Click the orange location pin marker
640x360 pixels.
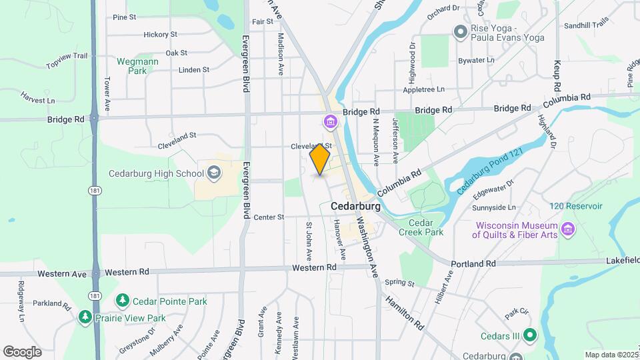tap(320, 159)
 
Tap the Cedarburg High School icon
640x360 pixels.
tap(214, 174)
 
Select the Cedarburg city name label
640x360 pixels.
tap(355, 207)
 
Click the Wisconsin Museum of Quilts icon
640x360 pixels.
tap(568, 229)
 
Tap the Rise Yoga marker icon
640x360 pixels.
tap(459, 31)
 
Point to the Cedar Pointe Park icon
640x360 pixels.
tap(122, 301)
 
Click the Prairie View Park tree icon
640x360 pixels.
tap(85, 318)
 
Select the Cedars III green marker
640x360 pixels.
tap(529, 335)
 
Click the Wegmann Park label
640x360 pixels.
tap(137, 65)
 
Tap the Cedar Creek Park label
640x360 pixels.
tap(421, 227)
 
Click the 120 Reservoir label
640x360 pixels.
tap(576, 206)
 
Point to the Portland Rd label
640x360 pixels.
tap(473, 263)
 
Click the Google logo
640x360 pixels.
tap(22, 352)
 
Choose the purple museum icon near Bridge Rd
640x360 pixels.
tap(330, 122)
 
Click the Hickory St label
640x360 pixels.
tap(160, 34)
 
